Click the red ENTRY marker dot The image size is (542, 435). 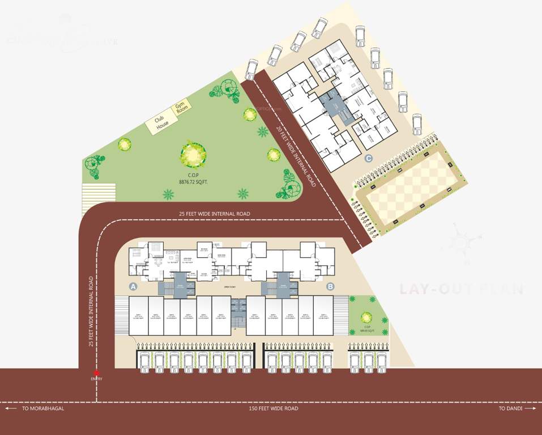point(97,372)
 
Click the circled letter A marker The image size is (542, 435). point(134,286)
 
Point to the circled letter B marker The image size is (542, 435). point(331,286)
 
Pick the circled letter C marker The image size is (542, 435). point(369,159)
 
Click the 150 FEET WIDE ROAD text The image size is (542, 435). point(274,408)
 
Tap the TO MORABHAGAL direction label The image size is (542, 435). point(43,408)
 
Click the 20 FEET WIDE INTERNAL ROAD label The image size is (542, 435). point(296,153)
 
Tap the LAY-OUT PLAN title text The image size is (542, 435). point(462,289)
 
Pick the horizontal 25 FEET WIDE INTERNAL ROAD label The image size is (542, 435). point(214,214)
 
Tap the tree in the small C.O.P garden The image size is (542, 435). point(366,317)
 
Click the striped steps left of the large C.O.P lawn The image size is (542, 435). point(99,193)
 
